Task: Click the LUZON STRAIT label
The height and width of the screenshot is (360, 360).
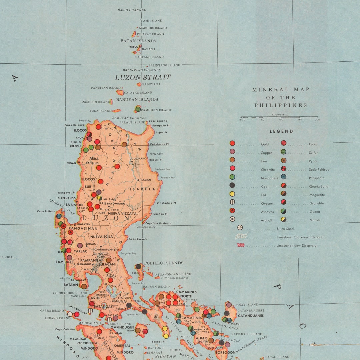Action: point(143,77)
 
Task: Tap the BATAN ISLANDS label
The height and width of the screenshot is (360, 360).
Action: point(138,41)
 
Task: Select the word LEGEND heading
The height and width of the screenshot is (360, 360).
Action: point(281,131)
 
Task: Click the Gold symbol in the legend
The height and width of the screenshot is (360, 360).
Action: point(232,143)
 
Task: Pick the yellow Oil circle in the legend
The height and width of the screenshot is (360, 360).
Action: point(232,194)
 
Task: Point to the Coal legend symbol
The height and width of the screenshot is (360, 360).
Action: point(232,185)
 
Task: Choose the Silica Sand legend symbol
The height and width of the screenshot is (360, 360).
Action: point(240,228)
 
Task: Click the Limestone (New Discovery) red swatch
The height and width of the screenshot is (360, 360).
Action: point(241,245)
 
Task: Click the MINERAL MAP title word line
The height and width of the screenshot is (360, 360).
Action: point(281,90)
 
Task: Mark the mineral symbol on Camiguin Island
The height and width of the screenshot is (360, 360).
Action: point(138,109)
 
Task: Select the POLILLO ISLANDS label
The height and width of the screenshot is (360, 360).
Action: point(163,263)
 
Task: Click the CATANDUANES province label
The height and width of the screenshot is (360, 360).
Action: point(251,315)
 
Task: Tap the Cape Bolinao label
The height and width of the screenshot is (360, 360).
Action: point(46,211)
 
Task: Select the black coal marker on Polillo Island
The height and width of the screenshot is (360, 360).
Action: point(138,266)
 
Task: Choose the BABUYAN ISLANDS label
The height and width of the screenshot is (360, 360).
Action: point(137,99)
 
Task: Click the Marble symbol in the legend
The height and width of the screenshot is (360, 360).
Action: point(283,219)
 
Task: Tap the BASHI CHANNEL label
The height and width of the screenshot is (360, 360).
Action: point(131,10)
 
